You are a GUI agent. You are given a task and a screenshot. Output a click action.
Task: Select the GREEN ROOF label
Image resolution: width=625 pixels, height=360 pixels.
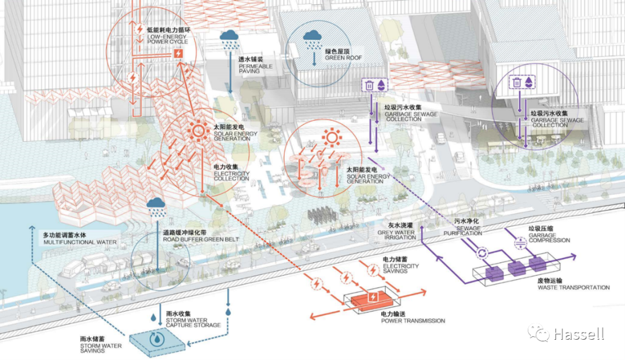(x=343, y=54)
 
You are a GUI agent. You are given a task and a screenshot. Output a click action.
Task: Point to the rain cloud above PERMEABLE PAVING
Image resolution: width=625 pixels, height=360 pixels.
(x=230, y=37)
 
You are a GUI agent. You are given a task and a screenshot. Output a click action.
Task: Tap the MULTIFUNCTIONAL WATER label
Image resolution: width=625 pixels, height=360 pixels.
(x=79, y=238)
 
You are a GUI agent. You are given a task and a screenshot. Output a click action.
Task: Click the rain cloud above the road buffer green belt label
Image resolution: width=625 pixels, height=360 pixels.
(x=155, y=204)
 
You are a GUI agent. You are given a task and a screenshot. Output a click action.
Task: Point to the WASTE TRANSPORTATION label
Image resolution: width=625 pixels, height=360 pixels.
(x=573, y=284)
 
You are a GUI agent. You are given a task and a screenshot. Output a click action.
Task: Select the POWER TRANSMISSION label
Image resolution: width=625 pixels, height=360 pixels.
(x=413, y=317)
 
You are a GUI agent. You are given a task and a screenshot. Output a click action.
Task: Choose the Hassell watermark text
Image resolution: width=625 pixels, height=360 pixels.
(x=578, y=334)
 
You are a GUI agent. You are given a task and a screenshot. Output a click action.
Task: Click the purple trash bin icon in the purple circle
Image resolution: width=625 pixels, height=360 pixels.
(x=517, y=83)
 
